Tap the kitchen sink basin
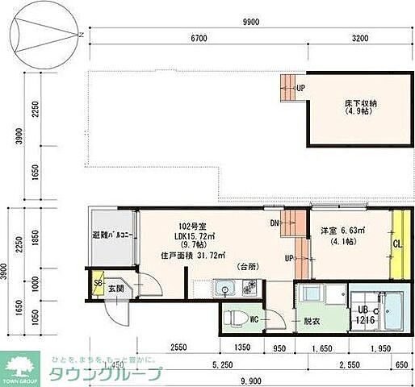pyautogui.click(x=224, y=288)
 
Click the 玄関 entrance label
pyautogui.click(x=115, y=289)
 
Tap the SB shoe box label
pyautogui.click(x=98, y=284)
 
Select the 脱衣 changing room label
pyautogui.click(x=311, y=321)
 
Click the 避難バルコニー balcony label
pyautogui.click(x=112, y=235)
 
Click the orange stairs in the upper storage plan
pyautogui.click(x=287, y=89)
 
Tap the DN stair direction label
pyautogui.click(x=275, y=223)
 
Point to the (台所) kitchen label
pyautogui.click(x=246, y=266)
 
